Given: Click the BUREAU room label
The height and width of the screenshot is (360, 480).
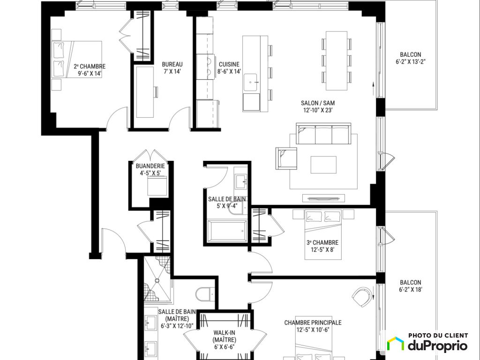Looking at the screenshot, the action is [172, 64].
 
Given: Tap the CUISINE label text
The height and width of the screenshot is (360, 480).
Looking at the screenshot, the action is [229, 64].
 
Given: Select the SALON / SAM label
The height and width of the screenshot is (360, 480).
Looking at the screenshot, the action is [318, 103].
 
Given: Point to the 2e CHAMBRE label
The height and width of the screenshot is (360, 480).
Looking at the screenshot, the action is [90, 67].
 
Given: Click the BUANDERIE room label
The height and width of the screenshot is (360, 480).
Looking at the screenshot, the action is [150, 166].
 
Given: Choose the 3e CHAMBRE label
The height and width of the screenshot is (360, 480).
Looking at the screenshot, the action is [322, 242].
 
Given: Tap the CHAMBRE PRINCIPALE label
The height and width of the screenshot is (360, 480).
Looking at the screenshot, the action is [313, 322].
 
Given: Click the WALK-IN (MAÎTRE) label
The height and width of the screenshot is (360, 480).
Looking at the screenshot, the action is [225, 336].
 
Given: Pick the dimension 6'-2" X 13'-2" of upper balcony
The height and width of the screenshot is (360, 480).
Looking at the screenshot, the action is [411, 61].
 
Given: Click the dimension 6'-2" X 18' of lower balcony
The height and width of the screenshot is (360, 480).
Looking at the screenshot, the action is [411, 290].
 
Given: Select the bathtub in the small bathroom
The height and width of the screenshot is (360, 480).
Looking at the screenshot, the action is [227, 231].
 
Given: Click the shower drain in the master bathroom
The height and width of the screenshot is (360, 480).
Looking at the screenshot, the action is [157, 280].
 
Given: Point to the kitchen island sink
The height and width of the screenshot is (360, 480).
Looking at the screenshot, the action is [252, 82].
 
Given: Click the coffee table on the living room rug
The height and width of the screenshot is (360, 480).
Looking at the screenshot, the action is [323, 165].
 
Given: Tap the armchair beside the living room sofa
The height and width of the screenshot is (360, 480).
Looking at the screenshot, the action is [286, 158].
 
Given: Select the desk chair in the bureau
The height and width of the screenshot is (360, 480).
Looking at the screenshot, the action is [156, 92].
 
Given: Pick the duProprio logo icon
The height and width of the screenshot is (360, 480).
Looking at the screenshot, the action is [395, 344].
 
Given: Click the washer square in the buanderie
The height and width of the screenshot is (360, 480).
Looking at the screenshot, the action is [157, 186].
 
